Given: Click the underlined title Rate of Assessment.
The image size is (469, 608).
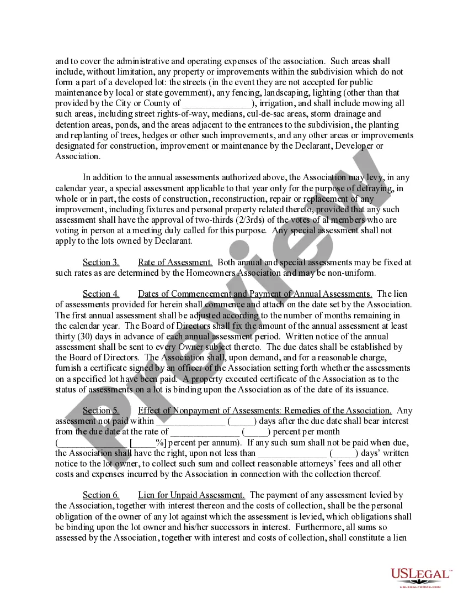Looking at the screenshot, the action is (x=175, y=263).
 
